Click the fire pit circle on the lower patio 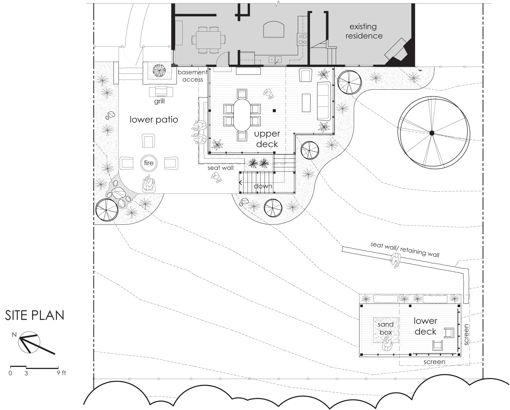(x=149, y=163)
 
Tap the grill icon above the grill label (x=161, y=92)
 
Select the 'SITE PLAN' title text (x=35, y=315)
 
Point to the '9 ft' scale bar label (x=61, y=373)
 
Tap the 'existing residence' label (x=364, y=31)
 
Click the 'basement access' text (x=193, y=76)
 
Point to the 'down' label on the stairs (x=263, y=186)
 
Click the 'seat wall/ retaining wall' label (x=405, y=249)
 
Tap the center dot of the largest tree (x=432, y=133)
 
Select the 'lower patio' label (x=154, y=120)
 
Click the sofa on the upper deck (x=324, y=101)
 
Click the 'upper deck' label (x=267, y=139)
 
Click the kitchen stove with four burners (x=302, y=39)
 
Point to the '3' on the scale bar (x=26, y=373)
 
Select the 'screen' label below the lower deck (x=434, y=362)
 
